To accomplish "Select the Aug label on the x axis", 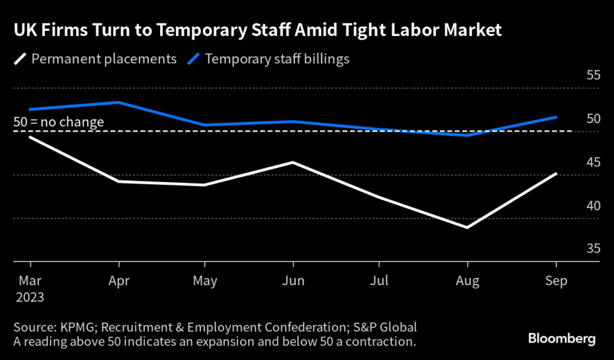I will pyautogui.click(x=467, y=280).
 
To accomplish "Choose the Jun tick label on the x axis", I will pyautogui.click(x=293, y=280).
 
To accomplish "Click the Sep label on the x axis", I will pyautogui.click(x=556, y=280).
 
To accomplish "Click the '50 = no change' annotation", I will pyautogui.click(x=59, y=122).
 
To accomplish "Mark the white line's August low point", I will pyautogui.click(x=467, y=227).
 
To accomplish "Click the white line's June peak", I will pyautogui.click(x=293, y=162).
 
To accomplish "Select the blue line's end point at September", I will pyautogui.click(x=556, y=117).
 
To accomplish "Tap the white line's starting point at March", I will pyautogui.click(x=30, y=137).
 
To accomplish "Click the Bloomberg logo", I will pyautogui.click(x=562, y=339).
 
